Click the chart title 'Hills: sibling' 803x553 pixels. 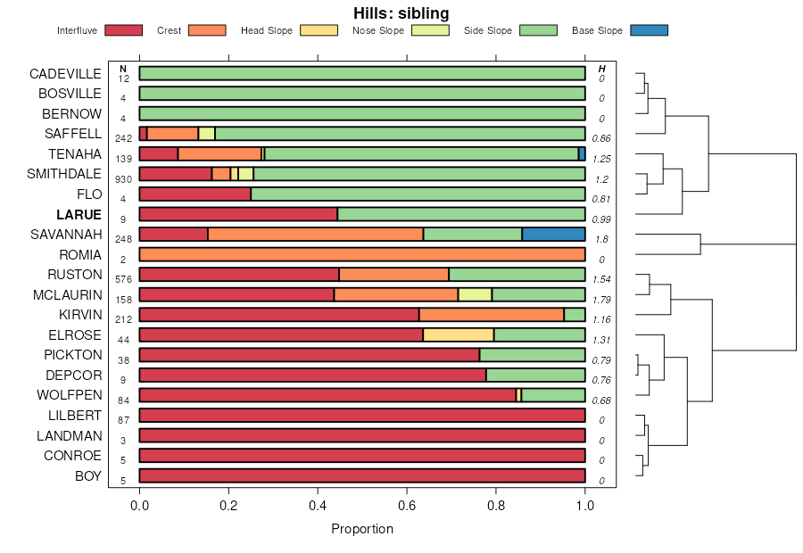(401, 13)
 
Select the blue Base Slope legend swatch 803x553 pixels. (649, 30)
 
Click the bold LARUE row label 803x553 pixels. (79, 214)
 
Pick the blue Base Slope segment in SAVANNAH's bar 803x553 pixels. (553, 234)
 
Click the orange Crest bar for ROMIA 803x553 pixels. (362, 254)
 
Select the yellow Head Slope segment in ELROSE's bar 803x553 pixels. (459, 334)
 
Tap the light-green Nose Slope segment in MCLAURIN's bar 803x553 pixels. (475, 294)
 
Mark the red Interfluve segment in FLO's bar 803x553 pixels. (195, 194)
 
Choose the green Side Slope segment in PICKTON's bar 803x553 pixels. (532, 354)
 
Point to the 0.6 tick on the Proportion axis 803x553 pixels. (407, 506)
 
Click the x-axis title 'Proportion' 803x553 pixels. (362, 528)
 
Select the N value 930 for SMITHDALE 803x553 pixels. (124, 179)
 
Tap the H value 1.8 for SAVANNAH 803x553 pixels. (602, 240)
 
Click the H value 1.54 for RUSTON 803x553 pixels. (601, 279)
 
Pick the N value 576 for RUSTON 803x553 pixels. (124, 279)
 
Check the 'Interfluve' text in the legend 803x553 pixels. (77, 30)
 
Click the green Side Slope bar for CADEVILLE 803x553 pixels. (362, 73)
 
